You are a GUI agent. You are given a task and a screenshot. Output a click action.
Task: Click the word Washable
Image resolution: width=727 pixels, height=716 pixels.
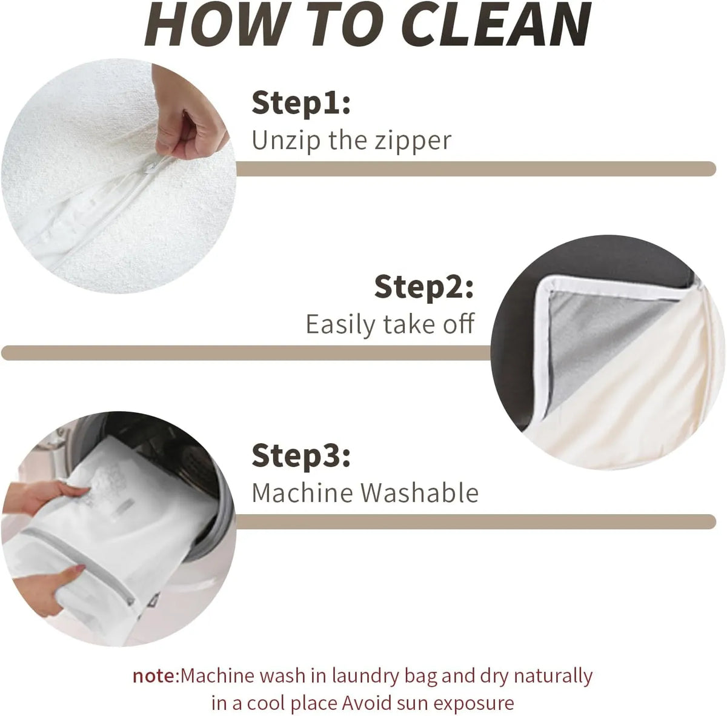pyautogui.click(x=419, y=493)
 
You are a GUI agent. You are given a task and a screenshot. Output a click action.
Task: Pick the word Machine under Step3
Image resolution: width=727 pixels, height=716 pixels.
pyautogui.click(x=302, y=493)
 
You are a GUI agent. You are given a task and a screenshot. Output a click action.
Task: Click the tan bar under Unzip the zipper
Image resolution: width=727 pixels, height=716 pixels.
pyautogui.click(x=476, y=169)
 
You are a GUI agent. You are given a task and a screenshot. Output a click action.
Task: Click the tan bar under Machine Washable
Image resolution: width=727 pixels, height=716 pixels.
pyautogui.click(x=476, y=521)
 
